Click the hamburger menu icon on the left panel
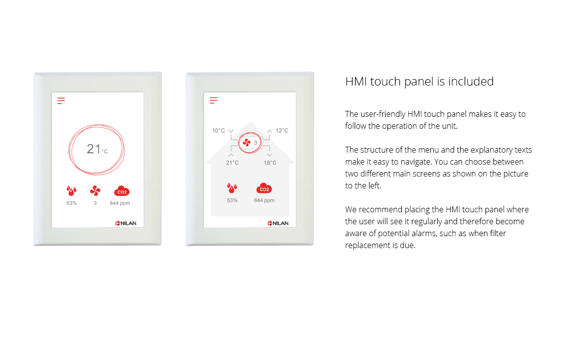point(61,100)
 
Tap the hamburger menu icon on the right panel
point(213,100)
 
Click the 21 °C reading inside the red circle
point(97,149)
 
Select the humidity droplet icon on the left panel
point(72,191)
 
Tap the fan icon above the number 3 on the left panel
point(95,191)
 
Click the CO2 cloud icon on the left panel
point(121,191)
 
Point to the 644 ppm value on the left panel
point(120,203)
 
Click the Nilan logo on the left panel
point(126,223)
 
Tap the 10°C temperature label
point(218,131)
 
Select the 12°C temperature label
point(282,131)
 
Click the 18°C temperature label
point(270,163)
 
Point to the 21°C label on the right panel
point(232,163)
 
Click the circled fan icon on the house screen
point(247,143)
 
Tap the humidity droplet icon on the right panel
point(232,188)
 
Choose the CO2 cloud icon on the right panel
point(264,188)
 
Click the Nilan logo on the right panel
point(278,223)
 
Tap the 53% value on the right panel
point(232,200)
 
